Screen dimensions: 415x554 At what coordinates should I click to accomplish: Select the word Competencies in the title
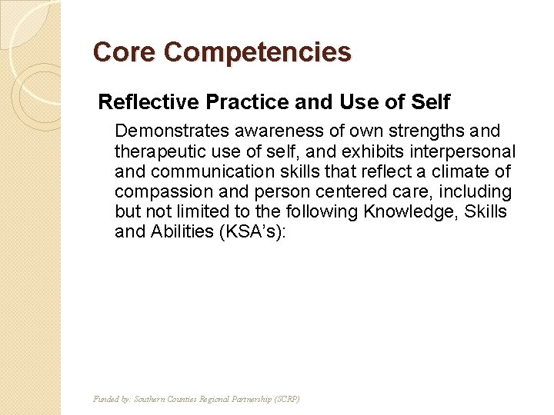tap(257, 52)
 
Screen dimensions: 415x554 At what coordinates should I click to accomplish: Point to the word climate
tap(463, 171)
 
